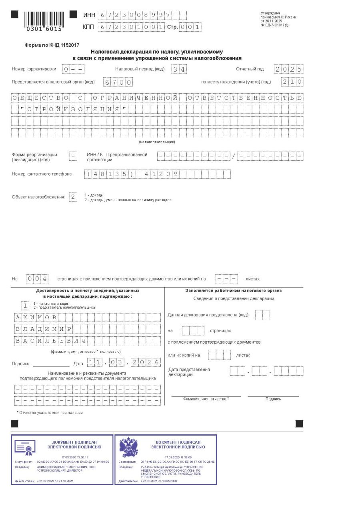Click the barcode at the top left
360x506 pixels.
[44, 21]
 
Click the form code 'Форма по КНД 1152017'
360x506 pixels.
[52, 45]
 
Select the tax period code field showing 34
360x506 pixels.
[179, 69]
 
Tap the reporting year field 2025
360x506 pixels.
[288, 69]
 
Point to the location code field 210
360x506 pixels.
[292, 82]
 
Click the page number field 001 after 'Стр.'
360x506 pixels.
[190, 27]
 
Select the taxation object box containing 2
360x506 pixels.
[73, 197]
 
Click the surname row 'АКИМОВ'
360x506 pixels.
[88, 318]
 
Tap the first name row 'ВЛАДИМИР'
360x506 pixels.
[88, 329]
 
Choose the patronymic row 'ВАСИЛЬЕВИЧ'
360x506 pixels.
[88, 341]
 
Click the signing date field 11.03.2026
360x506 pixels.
[124, 363]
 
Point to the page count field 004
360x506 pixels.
[37, 278]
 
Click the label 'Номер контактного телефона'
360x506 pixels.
[42, 174]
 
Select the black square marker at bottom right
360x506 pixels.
[299, 424]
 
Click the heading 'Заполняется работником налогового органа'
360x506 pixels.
[234, 291]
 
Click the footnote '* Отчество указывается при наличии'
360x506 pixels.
[50, 412]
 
